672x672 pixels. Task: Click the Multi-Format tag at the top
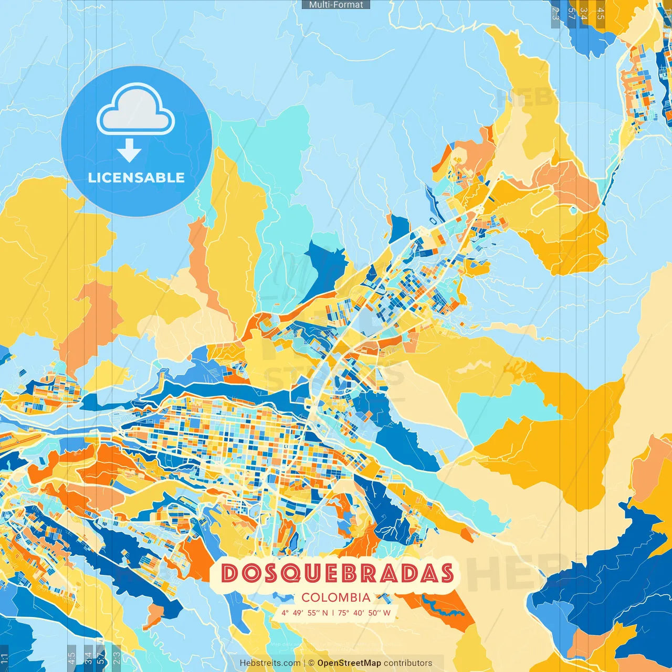[336, 5]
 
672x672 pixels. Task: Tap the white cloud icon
[136, 110]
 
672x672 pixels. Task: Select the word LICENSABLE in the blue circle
[136, 177]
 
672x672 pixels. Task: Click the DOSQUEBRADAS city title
[337, 573]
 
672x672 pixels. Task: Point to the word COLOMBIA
[336, 597]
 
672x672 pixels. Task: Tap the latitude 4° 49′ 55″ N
[304, 613]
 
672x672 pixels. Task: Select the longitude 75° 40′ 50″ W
[364, 613]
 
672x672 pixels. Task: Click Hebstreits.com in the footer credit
[270, 663]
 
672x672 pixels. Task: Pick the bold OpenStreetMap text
[349, 663]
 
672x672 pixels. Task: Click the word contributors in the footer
[408, 663]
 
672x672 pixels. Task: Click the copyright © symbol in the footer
[311, 663]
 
